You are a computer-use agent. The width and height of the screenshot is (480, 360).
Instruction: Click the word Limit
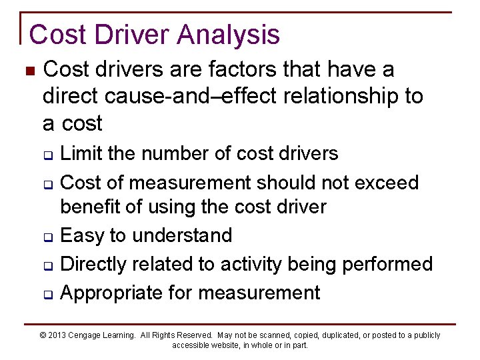tap(79, 153)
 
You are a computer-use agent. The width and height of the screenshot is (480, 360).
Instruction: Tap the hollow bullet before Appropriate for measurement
tap(49, 294)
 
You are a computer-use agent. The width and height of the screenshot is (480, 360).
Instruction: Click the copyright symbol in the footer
tap(43, 335)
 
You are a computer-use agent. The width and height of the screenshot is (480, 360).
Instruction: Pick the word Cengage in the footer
tap(89, 335)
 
